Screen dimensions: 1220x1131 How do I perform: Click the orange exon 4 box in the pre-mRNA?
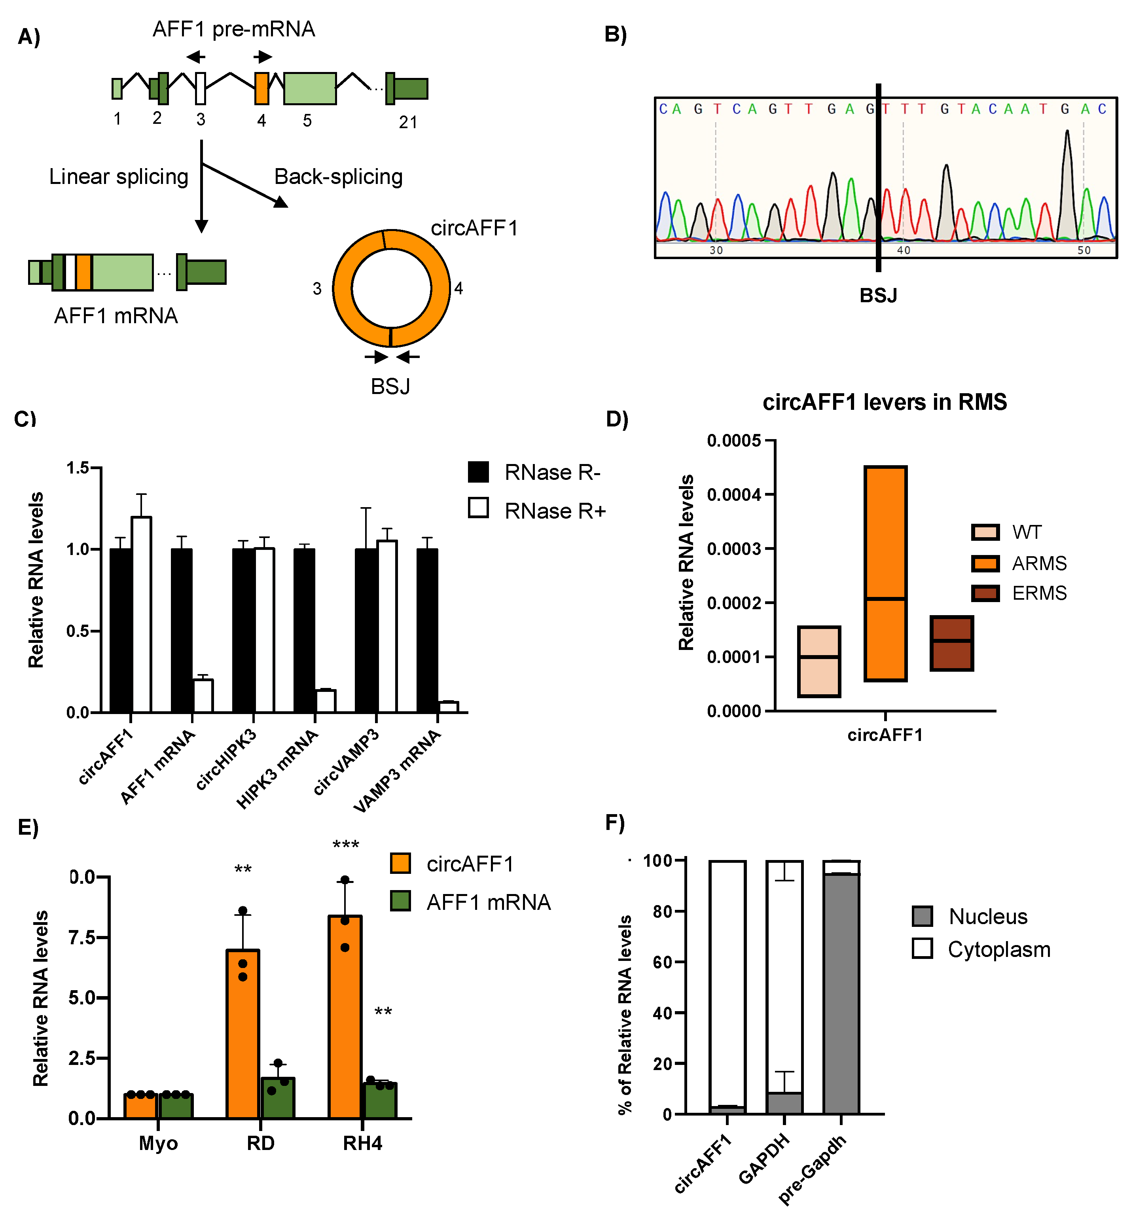[261, 88]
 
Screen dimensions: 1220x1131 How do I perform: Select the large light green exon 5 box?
[310, 88]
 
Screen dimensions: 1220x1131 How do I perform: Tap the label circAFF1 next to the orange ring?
[474, 228]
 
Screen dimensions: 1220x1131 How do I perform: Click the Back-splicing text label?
[339, 177]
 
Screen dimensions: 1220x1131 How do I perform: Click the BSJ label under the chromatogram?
[878, 296]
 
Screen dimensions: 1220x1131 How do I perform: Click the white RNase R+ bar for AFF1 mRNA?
[203, 696]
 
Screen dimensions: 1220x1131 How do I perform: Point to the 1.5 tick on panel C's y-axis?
[78, 468]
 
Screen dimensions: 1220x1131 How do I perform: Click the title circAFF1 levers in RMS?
[885, 402]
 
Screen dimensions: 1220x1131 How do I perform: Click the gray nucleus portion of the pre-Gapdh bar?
[841, 992]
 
